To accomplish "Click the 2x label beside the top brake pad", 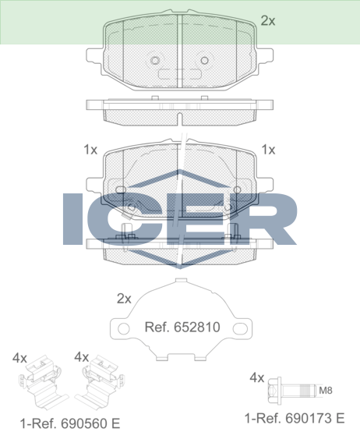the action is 268,21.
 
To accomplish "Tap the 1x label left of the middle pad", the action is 90,150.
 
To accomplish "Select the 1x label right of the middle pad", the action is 268,150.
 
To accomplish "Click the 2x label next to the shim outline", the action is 124,299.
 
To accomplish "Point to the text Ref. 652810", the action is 182,327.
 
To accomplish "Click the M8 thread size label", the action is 326,390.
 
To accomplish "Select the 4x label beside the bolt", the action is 257,378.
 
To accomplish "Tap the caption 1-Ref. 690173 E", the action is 295,418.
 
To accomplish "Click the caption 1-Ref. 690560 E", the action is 70,423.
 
